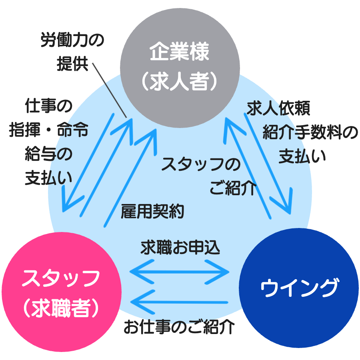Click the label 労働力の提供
coord(72,52)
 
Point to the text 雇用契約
coord(152,211)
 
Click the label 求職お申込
coord(180,248)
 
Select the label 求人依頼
coord(278,108)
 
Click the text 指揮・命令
coord(49,131)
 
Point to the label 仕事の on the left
coord(48,107)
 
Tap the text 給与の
coord(48,154)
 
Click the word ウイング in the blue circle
coord(299,288)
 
